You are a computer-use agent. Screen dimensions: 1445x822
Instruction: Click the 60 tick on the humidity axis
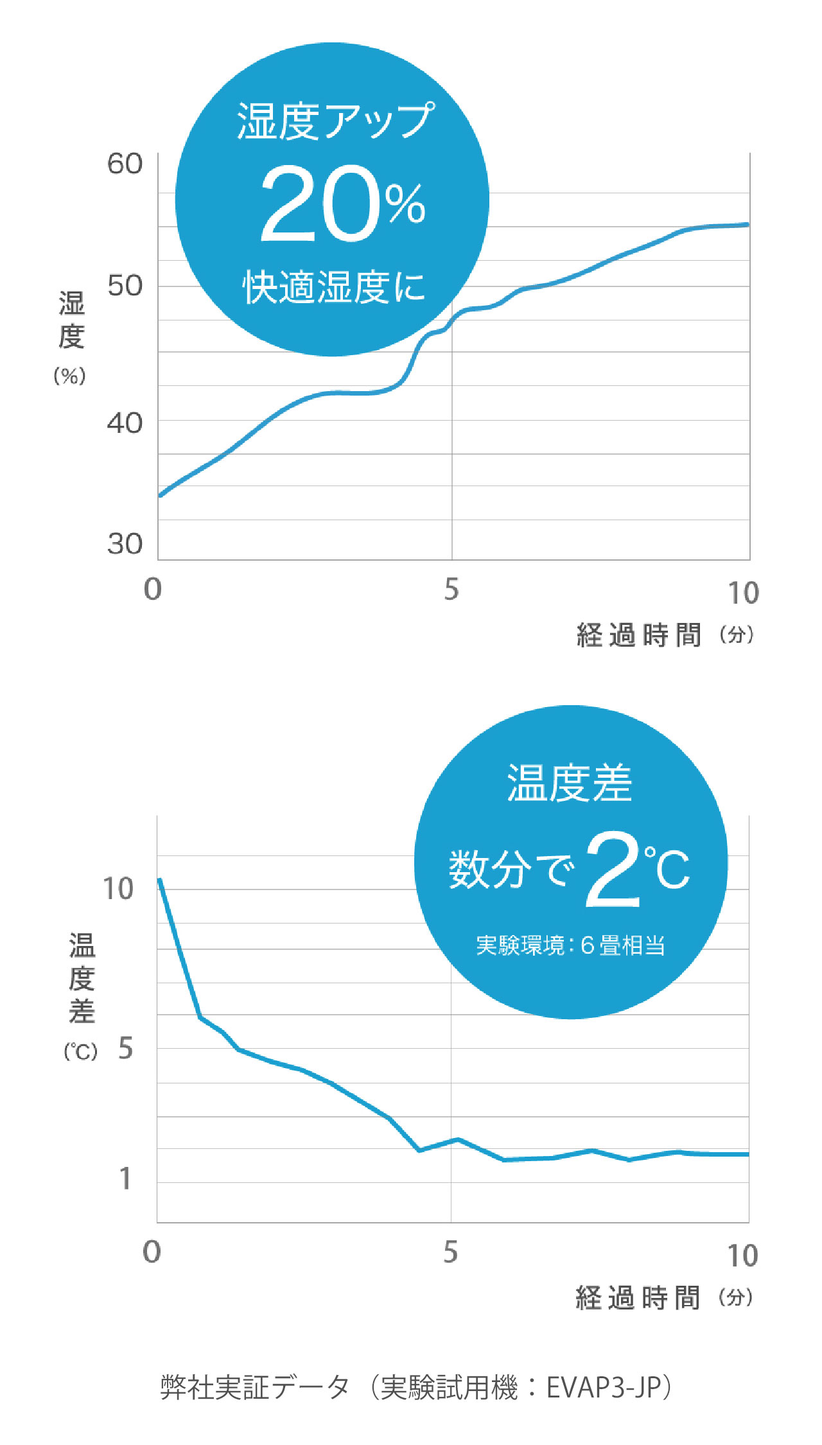click(x=125, y=164)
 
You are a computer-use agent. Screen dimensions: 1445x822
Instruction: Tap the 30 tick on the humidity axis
click(x=125, y=545)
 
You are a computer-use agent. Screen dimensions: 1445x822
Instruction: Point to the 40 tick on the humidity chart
click(x=125, y=424)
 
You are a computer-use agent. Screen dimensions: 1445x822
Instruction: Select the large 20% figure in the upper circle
click(x=342, y=204)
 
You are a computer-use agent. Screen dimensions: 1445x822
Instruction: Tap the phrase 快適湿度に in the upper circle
click(x=334, y=286)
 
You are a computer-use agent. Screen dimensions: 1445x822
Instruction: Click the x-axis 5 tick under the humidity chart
click(x=451, y=590)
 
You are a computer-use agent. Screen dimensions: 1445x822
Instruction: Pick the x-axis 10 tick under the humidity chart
click(x=743, y=593)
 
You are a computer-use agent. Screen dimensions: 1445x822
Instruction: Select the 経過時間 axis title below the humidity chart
click(x=638, y=635)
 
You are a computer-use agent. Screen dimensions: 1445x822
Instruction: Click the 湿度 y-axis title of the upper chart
click(x=71, y=320)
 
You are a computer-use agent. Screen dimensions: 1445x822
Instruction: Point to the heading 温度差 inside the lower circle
click(x=570, y=784)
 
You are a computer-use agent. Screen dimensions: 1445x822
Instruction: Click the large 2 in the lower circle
click(x=613, y=869)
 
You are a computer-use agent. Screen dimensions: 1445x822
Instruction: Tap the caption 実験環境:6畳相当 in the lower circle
click(x=570, y=945)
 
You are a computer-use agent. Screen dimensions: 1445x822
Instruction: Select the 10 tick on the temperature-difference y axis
click(x=118, y=889)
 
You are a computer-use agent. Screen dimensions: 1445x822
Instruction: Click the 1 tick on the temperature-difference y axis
click(x=126, y=1178)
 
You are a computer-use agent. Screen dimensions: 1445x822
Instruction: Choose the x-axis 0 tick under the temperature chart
click(x=152, y=1252)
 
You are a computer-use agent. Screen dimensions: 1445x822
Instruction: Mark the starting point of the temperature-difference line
click(x=160, y=880)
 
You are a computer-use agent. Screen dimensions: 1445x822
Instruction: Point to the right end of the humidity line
click(x=748, y=225)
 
